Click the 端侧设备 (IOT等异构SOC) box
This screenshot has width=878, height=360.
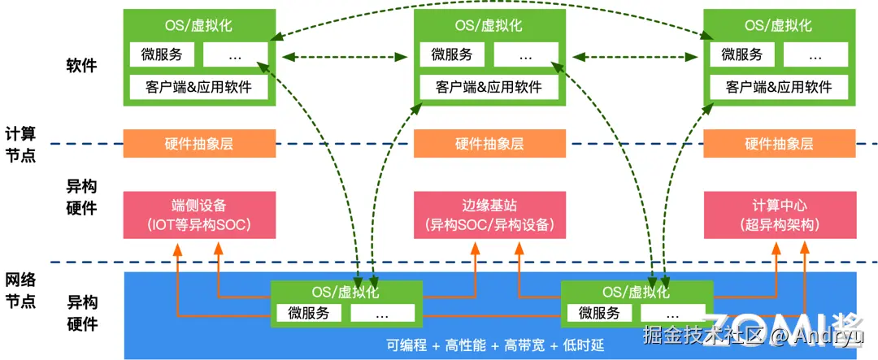tap(199, 215)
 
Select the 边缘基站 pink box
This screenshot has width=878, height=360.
tap(489, 215)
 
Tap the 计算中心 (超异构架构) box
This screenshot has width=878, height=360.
tap(780, 215)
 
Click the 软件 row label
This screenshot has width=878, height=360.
tap(82, 65)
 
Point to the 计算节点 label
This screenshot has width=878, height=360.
tap(20, 144)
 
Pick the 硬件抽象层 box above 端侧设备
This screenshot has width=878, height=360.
tap(199, 144)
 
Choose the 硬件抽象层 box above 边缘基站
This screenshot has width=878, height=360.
tap(489, 144)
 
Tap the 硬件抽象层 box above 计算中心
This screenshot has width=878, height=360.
tap(780, 144)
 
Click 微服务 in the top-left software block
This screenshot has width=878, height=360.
tap(162, 55)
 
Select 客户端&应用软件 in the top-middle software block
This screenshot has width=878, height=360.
tap(489, 87)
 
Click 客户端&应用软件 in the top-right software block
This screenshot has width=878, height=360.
tap(779, 87)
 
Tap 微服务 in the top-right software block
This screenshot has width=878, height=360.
tap(742, 55)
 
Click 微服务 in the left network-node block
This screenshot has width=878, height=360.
tap(309, 312)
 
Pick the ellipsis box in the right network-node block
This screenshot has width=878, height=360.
tap(672, 312)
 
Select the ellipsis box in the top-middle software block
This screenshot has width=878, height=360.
tap(526, 55)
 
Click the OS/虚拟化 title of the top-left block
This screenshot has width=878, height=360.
tap(199, 25)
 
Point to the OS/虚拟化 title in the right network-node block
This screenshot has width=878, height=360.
tap(637, 293)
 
